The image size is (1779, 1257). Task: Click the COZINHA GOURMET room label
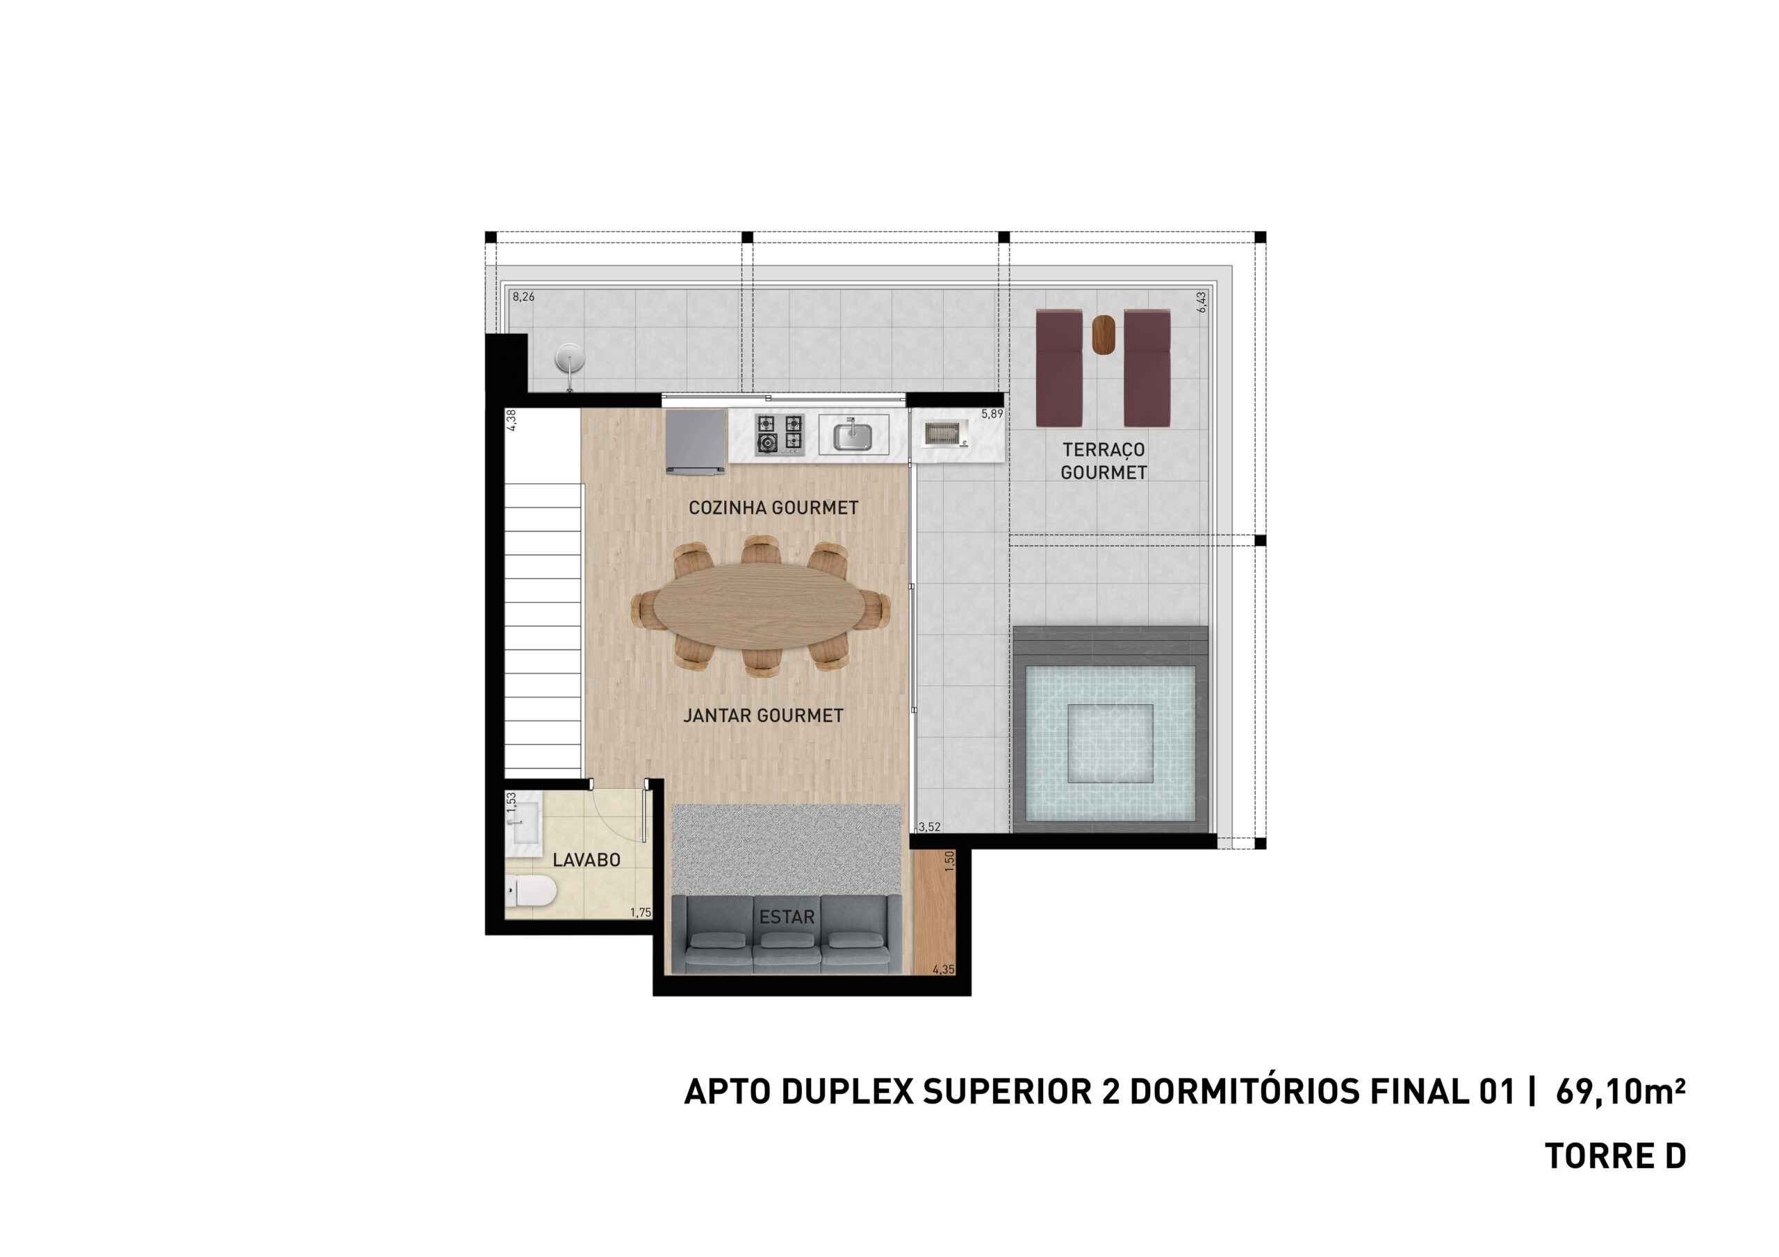[x=773, y=508]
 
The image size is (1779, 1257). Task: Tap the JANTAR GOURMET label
[x=763, y=715]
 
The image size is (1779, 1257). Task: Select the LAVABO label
[x=587, y=860]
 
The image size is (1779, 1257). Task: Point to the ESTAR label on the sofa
[x=787, y=917]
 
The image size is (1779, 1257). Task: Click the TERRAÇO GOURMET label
[x=1104, y=461]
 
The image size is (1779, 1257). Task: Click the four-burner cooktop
[x=780, y=435]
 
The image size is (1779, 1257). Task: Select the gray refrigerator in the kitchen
[x=695, y=441]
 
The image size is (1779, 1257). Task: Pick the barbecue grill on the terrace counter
[x=943, y=434]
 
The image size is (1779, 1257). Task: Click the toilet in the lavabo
[x=531, y=891]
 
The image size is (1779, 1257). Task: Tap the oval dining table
[x=760, y=606]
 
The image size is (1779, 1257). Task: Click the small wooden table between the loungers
[x=1104, y=335]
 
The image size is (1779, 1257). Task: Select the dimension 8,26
[x=523, y=297]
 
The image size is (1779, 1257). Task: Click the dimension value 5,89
[x=992, y=415]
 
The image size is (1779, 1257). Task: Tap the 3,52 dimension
[x=929, y=827]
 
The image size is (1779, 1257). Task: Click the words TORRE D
[x=1616, y=1156]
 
